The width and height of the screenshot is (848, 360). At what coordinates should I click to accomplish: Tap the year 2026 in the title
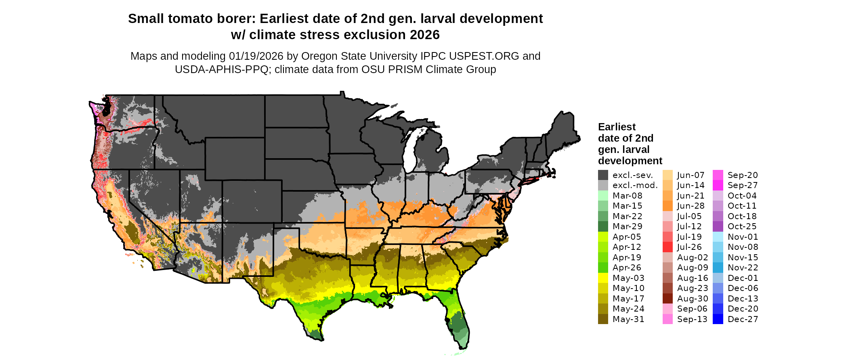point(424,35)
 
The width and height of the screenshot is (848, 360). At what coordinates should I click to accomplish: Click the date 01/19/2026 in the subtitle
point(256,56)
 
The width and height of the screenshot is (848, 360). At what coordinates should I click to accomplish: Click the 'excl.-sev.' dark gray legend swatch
point(603,175)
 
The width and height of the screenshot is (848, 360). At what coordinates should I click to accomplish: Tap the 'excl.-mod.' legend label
point(635,185)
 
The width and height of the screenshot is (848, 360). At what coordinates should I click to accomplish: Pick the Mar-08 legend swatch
point(603,196)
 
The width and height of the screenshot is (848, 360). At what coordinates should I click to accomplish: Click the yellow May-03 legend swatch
point(603,278)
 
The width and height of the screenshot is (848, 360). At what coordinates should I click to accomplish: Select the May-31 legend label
point(628,319)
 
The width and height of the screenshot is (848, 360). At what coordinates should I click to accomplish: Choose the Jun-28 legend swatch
point(667,206)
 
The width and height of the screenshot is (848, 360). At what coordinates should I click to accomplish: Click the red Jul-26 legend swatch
point(667,247)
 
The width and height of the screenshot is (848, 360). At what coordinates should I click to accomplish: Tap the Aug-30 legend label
point(693,299)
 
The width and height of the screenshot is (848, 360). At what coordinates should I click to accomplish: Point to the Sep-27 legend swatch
point(718,185)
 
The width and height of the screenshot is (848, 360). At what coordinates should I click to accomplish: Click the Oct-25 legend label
point(742,226)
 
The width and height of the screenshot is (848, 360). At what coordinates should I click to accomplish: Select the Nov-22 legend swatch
point(718,268)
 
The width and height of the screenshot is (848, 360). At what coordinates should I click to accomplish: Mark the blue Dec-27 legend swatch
point(718,319)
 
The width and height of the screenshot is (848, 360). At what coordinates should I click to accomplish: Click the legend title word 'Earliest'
point(617,127)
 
